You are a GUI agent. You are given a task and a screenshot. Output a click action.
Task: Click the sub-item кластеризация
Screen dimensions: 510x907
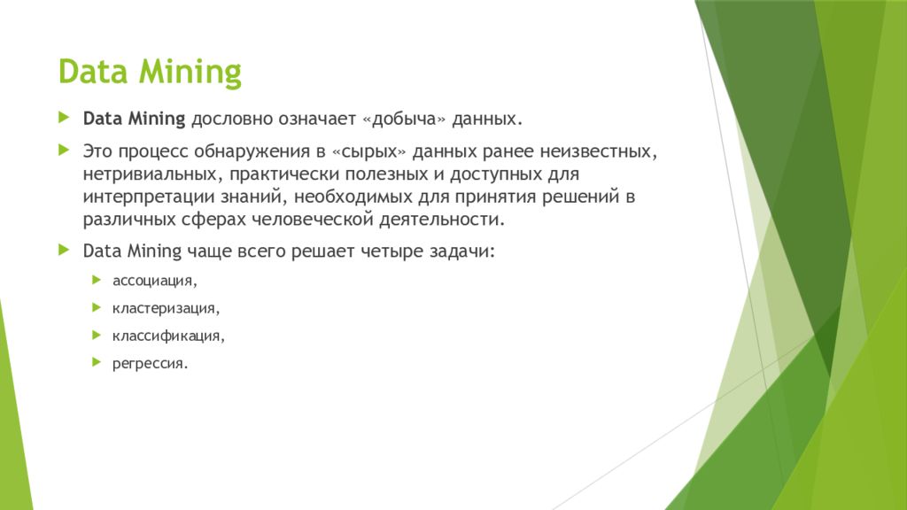click(165, 308)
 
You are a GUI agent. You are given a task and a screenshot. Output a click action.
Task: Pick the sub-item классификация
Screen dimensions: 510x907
click(168, 336)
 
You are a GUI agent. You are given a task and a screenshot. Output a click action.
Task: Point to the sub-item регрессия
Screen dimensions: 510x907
click(150, 363)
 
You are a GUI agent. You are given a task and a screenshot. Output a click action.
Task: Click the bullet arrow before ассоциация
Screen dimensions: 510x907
click(96, 280)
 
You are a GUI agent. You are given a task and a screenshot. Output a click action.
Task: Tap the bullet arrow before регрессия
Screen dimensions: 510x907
click(96, 362)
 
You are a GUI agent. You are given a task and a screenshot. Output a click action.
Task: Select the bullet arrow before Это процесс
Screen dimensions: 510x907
click(64, 151)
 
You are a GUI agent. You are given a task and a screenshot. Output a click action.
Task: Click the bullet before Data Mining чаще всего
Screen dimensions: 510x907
click(64, 251)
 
